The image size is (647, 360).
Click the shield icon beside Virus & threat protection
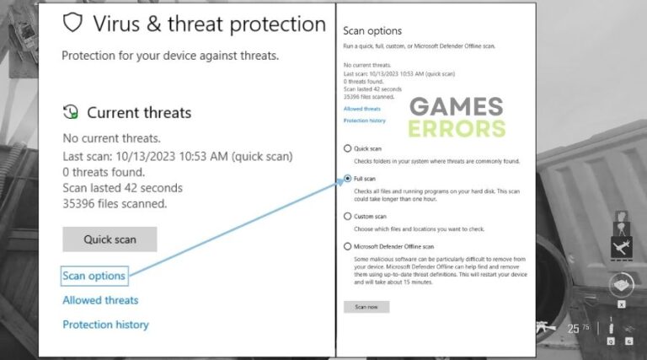[x=73, y=23]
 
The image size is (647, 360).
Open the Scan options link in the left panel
[x=94, y=276]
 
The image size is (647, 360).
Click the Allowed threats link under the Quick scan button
[x=100, y=300]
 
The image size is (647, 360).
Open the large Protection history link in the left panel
[x=105, y=325]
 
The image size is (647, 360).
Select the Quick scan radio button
[x=347, y=148]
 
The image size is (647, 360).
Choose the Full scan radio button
[x=347, y=180]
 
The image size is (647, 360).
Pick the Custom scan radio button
[x=347, y=216]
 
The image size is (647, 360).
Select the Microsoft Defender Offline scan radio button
[x=347, y=246]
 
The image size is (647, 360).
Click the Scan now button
[x=366, y=307]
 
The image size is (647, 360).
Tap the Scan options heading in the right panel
[x=372, y=30]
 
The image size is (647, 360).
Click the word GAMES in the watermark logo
[x=456, y=107]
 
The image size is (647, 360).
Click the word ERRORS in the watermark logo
[x=457, y=128]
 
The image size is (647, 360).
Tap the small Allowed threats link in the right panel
[x=362, y=109]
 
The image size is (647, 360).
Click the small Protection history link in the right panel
[x=365, y=121]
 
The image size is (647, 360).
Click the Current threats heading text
[x=139, y=112]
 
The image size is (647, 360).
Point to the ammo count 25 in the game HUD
[x=574, y=328]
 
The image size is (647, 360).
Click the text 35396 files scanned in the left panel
[x=115, y=203]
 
